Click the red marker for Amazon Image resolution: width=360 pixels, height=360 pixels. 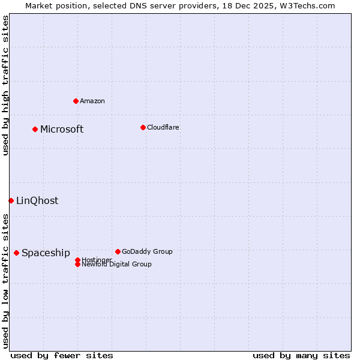click(x=76, y=101)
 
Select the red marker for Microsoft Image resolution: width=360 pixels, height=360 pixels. click(x=35, y=129)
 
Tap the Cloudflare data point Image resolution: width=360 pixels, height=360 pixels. click(x=143, y=127)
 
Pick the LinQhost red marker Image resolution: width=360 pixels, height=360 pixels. click(x=11, y=200)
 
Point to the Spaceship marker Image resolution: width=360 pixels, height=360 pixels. click(x=16, y=253)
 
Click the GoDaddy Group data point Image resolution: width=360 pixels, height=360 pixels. click(x=118, y=251)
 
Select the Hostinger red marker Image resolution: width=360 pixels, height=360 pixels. click(x=77, y=260)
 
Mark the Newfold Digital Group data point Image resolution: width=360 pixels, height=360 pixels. click(x=77, y=265)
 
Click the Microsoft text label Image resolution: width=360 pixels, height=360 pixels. click(x=62, y=130)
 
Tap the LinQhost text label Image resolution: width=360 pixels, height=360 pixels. click(x=37, y=201)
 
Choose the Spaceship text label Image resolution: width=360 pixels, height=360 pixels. click(x=46, y=253)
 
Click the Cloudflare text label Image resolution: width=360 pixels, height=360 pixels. click(x=163, y=127)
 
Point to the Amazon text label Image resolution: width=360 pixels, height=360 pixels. click(x=92, y=101)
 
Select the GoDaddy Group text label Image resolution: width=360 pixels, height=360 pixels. click(x=147, y=251)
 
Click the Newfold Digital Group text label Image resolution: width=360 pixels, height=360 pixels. click(x=116, y=265)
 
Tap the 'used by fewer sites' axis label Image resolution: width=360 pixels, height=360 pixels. click(x=62, y=355)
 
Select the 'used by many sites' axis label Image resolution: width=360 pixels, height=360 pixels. click(x=301, y=355)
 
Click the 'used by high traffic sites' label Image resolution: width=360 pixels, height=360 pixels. click(x=5, y=85)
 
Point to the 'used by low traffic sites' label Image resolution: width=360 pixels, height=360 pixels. click(x=5, y=281)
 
